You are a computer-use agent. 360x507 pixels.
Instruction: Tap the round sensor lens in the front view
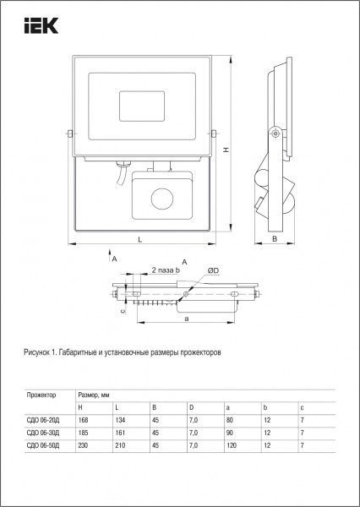(161, 201)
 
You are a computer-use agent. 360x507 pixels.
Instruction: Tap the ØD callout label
(215, 270)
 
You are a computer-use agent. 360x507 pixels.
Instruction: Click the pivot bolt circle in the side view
(274, 132)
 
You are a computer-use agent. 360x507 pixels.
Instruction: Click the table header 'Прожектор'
(41, 395)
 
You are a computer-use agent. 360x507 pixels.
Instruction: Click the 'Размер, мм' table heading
(94, 395)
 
